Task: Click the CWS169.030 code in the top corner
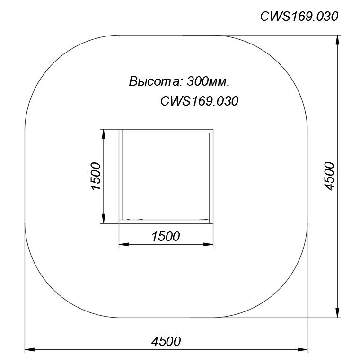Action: click(299, 17)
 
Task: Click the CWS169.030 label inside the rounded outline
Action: click(199, 101)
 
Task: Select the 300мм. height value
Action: click(208, 81)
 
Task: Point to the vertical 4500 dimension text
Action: click(329, 176)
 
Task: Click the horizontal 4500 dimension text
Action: click(166, 341)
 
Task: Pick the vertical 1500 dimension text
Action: click(96, 176)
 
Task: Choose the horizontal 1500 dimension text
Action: click(166, 236)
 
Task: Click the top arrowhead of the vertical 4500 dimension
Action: click(338, 40)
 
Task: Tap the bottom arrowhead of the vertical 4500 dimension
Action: click(338, 312)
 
